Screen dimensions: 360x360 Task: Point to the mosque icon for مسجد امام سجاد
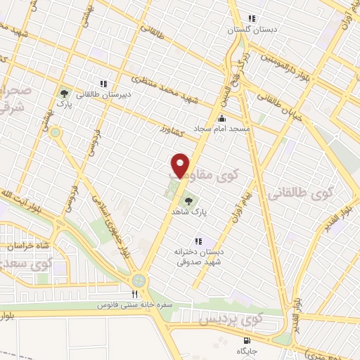(222, 118)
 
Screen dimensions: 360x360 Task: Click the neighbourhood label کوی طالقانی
(330, 193)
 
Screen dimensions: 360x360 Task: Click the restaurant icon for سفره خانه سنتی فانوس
(135, 295)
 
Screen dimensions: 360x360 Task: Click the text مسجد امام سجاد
(245, 129)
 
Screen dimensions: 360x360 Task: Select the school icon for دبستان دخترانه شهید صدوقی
(198, 240)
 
